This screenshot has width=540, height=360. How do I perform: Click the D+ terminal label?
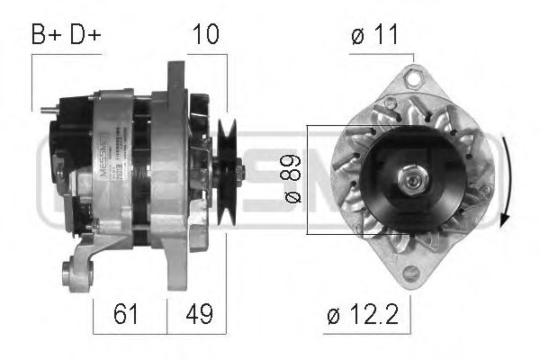coord(85,35)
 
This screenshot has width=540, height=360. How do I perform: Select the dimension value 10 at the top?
coord(206,35)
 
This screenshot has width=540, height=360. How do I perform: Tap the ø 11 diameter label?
coord(375,35)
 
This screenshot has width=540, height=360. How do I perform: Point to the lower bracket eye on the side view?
coord(70,271)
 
